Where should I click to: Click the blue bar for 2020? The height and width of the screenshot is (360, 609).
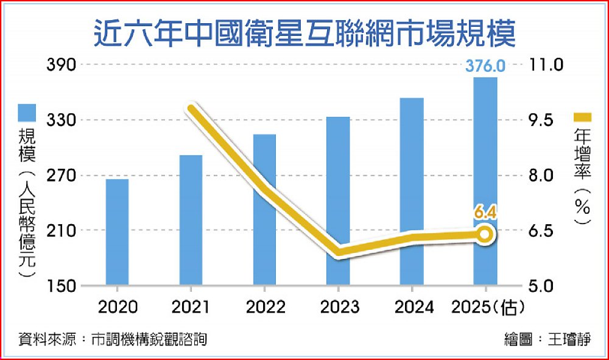117,231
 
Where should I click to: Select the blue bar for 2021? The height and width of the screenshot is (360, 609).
191,220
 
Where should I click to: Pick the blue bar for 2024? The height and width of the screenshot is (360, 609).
412,191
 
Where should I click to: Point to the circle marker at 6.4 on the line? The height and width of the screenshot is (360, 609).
485,233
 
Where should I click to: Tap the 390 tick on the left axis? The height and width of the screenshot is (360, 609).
61,65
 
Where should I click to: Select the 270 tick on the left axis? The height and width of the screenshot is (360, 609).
61,175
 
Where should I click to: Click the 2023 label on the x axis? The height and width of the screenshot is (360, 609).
339,308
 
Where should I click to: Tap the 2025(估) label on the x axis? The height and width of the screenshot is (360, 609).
485,308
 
